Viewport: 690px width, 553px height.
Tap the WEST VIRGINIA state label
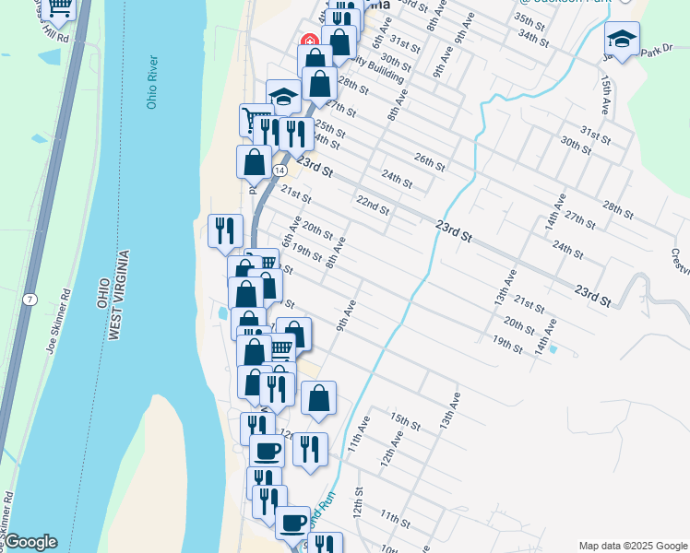[x=115, y=295]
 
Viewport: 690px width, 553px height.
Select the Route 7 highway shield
[x=30, y=300]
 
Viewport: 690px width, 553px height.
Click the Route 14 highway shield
[x=279, y=171]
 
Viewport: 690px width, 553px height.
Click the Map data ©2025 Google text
[x=631, y=545]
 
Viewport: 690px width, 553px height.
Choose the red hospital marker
[x=309, y=41]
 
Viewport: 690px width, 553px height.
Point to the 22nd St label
[x=373, y=203]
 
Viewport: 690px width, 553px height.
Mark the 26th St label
[x=430, y=160]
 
